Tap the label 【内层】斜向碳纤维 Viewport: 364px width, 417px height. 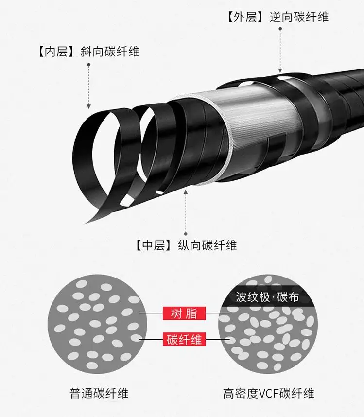click(89, 52)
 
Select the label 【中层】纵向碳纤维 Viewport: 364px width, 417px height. click(186, 245)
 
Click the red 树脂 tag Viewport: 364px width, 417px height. click(184, 313)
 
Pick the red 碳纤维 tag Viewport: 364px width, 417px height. click(184, 340)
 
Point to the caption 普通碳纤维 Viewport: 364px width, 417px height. click(99, 393)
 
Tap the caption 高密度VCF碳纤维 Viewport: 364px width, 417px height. click(269, 393)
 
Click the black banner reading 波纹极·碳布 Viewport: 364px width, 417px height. click(267, 297)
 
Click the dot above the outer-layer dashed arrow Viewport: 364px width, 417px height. click(280, 29)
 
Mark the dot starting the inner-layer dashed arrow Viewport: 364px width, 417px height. click(89, 65)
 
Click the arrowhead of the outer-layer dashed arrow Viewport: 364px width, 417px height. click(280, 70)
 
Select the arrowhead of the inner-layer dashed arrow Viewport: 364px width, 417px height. click(89, 106)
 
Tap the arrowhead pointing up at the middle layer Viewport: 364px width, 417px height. click(186, 192)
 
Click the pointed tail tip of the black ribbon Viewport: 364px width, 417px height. click(85, 223)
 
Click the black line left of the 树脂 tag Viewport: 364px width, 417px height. click(151, 313)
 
